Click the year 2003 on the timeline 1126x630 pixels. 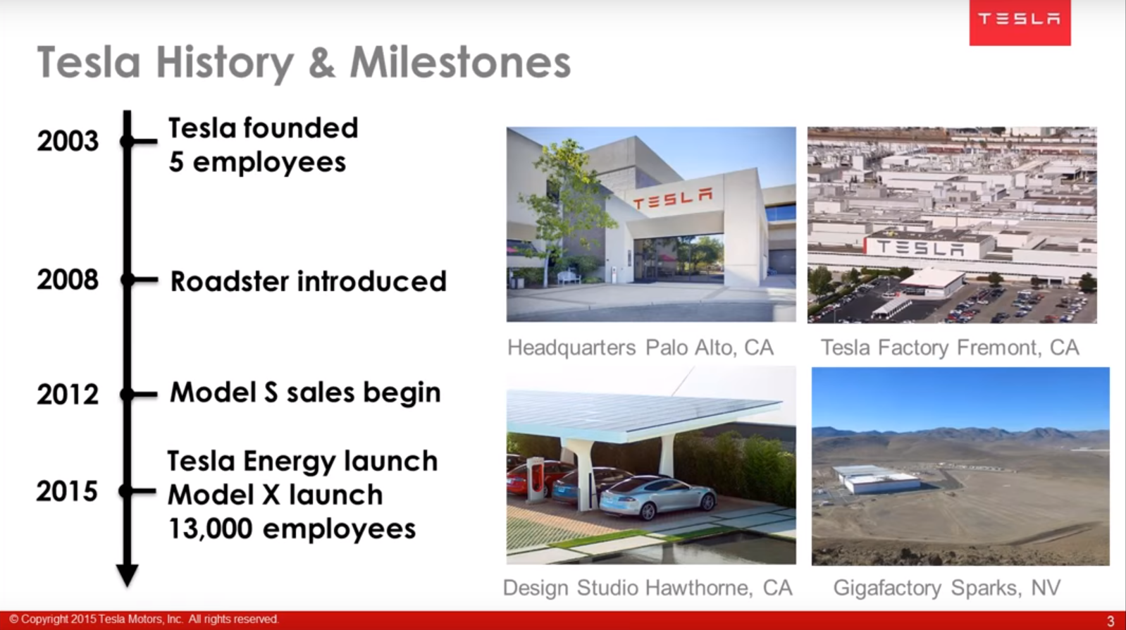(x=68, y=141)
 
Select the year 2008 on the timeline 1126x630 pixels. (x=68, y=280)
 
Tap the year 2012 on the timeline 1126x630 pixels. (x=68, y=394)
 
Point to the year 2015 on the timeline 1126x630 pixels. (x=67, y=491)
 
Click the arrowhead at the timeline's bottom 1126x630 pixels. (x=127, y=574)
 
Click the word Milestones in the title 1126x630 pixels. (x=460, y=63)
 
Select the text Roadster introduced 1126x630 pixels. (x=308, y=281)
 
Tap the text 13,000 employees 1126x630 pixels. (x=292, y=529)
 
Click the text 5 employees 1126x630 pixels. (x=257, y=162)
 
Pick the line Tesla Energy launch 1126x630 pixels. (x=302, y=461)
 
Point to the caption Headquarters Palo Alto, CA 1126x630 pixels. (x=641, y=347)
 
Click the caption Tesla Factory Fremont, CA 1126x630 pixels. (x=949, y=347)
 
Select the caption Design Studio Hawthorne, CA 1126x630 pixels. (x=648, y=588)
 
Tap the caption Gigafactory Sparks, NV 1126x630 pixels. (x=946, y=588)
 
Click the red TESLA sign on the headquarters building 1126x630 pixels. (x=672, y=199)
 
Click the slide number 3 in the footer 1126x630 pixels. (x=1110, y=621)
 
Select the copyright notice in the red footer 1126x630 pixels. (x=144, y=619)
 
